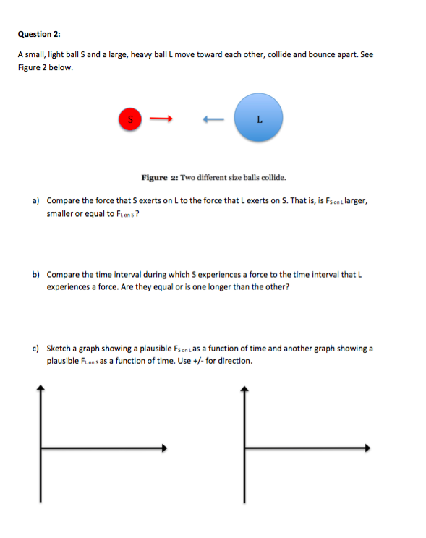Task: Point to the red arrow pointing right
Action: click(163, 119)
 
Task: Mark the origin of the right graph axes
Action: click(244, 448)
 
